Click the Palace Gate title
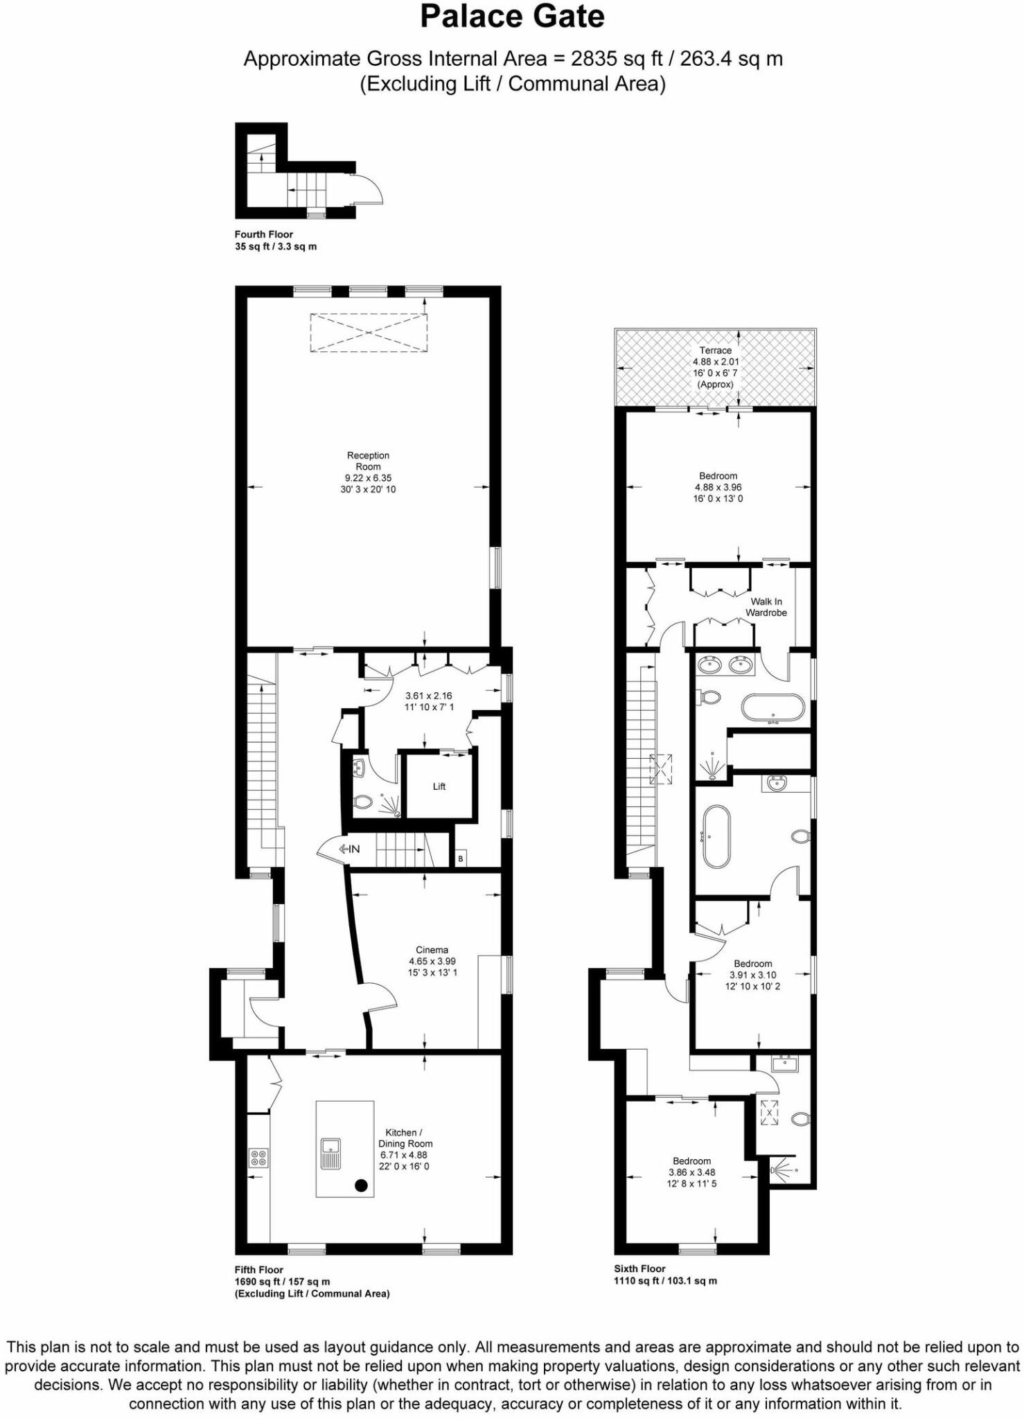(x=512, y=17)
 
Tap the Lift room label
(x=439, y=786)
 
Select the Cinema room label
(x=432, y=961)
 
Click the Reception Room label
(x=368, y=472)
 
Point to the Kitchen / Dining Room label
(x=405, y=1149)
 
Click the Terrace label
(x=716, y=367)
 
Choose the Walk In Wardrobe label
(x=766, y=607)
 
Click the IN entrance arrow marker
(x=349, y=849)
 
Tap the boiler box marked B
(x=461, y=858)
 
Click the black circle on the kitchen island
(x=361, y=1186)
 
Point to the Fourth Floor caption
(x=263, y=234)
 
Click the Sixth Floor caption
(x=639, y=1269)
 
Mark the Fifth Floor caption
(x=259, y=1270)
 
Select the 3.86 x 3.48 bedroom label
(x=691, y=1172)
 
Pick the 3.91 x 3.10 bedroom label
(x=752, y=975)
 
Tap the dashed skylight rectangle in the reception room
(x=369, y=333)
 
